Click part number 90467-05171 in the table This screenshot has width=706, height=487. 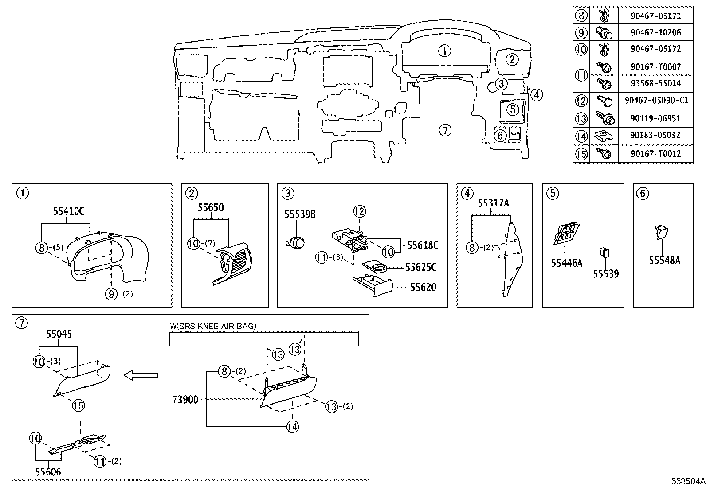tap(655, 16)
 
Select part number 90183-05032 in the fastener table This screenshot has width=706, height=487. tap(655, 135)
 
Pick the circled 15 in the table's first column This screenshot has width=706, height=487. tap(581, 154)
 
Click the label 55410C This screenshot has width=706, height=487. tap(68, 211)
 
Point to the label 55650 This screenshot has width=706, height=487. tap(211, 207)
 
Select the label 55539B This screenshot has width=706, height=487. tap(300, 214)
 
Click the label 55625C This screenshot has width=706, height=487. tap(420, 267)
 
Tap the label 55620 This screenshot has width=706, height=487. tap(423, 287)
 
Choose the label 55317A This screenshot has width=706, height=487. tap(493, 203)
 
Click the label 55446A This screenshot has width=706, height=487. tap(566, 263)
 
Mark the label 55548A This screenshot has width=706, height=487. tap(664, 261)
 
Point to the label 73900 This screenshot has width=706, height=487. tap(185, 399)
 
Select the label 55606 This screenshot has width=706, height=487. tap(48, 472)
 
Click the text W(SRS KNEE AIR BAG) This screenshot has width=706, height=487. tap(213, 326)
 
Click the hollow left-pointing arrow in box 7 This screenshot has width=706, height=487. tap(141, 375)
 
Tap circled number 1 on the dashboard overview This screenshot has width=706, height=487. tap(444, 51)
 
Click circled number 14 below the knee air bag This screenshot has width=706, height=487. tap(292, 426)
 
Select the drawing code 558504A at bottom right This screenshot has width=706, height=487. tap(687, 481)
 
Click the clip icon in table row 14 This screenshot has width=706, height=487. tap(604, 135)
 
